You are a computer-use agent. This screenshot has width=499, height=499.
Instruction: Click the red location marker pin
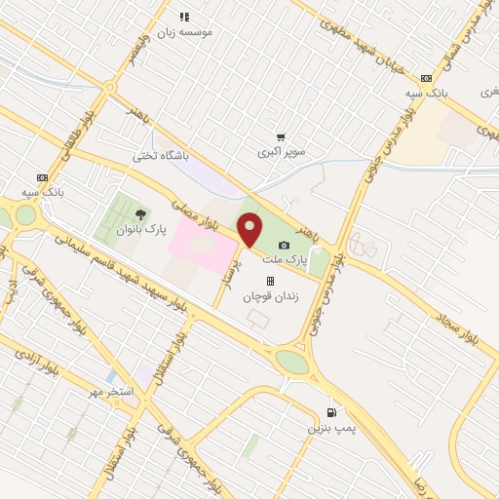[x=250, y=231]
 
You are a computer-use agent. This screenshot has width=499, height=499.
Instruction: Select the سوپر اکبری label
[x=281, y=153]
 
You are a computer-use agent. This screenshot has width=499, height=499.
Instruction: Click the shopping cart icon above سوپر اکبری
[x=281, y=137]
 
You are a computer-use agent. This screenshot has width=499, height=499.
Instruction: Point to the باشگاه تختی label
[x=160, y=156]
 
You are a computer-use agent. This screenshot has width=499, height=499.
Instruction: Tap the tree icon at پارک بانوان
[x=141, y=213]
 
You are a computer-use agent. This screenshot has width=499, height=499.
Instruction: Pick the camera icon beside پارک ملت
[x=284, y=246]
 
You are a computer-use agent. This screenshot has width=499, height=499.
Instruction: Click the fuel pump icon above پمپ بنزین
[x=332, y=412]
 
